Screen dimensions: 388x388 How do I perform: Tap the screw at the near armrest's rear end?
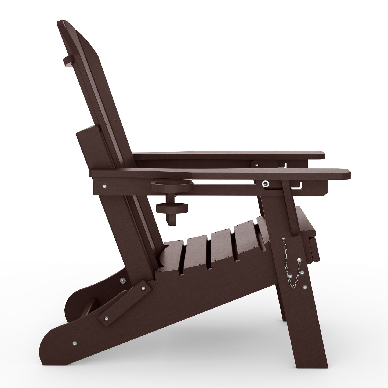[x=104, y=185]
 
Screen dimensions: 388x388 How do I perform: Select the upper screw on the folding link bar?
[x=143, y=288]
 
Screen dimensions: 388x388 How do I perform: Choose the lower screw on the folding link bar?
[x=107, y=319]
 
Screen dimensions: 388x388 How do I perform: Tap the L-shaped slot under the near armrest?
[x=298, y=185]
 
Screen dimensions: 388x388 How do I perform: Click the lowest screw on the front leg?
[x=304, y=287]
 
